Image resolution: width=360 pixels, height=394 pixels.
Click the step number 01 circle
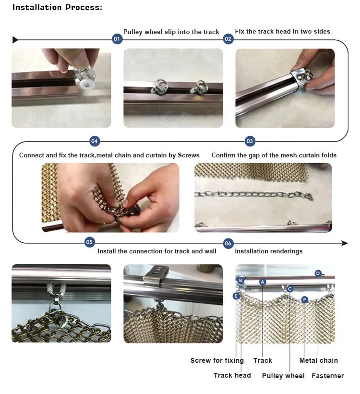(x=117, y=39)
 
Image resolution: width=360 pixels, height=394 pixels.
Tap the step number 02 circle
(x=228, y=39)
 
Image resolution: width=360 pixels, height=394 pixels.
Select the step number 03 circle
(x=250, y=141)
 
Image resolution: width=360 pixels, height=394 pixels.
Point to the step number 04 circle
(x=95, y=141)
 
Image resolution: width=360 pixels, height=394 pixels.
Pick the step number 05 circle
(x=89, y=242)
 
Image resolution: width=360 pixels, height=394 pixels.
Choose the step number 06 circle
(x=228, y=243)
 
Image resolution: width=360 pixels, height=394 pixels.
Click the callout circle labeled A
(x=263, y=282)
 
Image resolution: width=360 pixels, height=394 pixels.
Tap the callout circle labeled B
(x=240, y=280)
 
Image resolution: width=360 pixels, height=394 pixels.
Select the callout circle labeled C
(x=290, y=289)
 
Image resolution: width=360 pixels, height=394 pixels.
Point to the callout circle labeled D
(x=318, y=274)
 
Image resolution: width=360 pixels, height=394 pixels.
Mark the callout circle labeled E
(x=236, y=296)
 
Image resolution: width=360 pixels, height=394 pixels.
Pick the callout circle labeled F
(x=305, y=299)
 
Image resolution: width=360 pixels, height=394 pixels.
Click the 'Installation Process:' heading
(x=57, y=8)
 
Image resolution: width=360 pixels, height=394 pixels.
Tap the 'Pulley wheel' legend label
(x=283, y=376)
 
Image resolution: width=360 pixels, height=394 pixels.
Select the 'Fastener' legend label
(x=327, y=376)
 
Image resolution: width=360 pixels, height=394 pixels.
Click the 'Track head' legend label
(x=232, y=375)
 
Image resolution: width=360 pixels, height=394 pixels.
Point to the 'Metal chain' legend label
(x=319, y=360)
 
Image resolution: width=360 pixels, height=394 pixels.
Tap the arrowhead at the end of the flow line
(x=345, y=243)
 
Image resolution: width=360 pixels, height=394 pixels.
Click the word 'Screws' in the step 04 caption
(x=189, y=155)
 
